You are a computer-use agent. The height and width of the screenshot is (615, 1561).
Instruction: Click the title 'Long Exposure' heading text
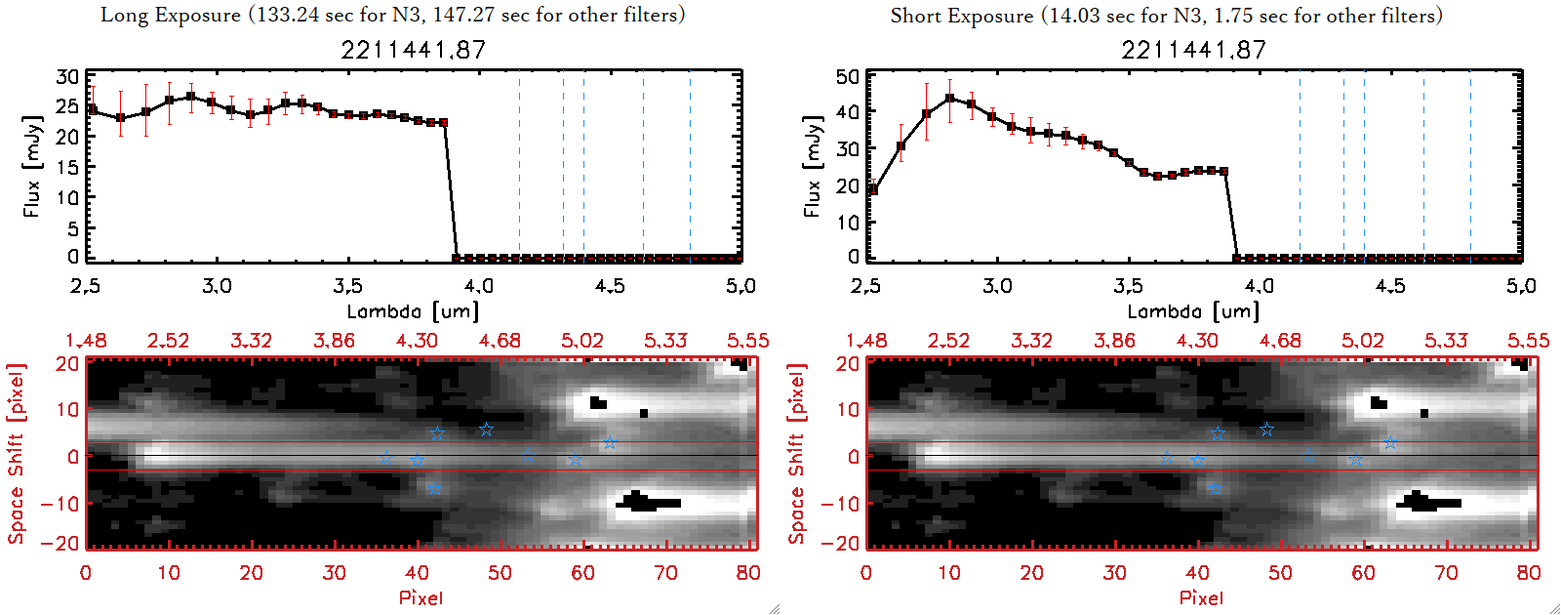[171, 15]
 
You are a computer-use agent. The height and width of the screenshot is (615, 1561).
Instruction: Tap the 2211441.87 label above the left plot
[413, 50]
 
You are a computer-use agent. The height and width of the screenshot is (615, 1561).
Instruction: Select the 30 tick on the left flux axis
[67, 77]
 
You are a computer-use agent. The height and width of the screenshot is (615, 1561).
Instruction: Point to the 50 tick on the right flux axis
[848, 77]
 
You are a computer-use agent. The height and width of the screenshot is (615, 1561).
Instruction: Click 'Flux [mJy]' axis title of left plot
[32, 167]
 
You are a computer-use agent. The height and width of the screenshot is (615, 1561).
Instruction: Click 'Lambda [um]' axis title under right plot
[1193, 311]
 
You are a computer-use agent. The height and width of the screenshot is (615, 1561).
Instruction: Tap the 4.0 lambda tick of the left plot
[478, 286]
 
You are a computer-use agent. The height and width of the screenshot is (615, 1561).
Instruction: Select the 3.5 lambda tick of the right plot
[1128, 286]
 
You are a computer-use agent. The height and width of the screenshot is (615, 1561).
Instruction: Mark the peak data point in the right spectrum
[949, 99]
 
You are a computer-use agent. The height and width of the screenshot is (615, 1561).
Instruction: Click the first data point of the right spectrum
[872, 190]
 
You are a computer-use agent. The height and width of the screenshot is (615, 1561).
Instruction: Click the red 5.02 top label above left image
[582, 341]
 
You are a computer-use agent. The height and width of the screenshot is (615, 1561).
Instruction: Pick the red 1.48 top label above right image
[866, 341]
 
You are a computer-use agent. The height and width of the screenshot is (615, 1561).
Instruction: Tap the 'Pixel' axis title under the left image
[420, 597]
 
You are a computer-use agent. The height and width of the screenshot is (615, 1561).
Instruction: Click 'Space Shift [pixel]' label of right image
[797, 454]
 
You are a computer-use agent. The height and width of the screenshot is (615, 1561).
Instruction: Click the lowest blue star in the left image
[434, 488]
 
